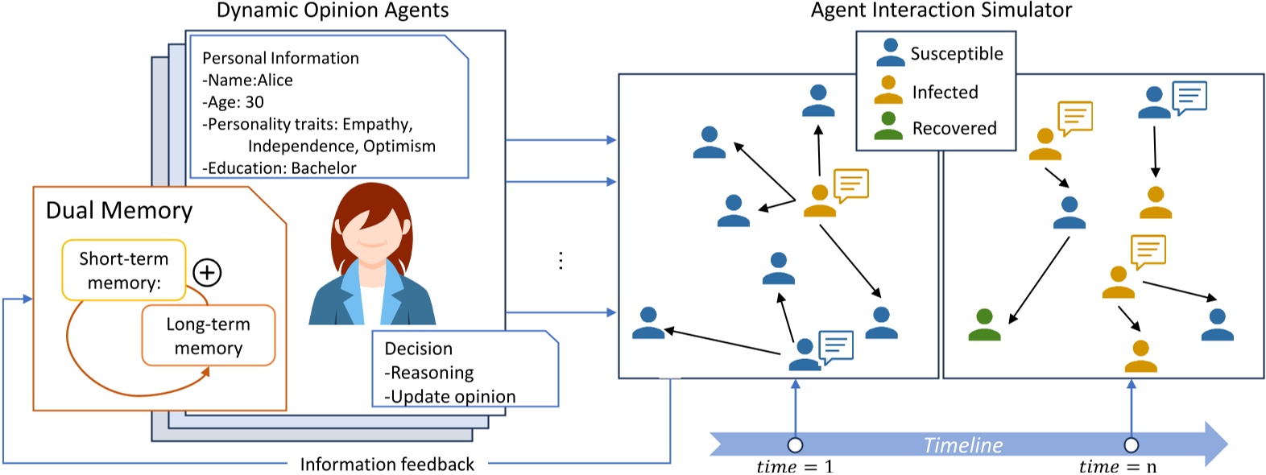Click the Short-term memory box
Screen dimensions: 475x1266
[124, 271]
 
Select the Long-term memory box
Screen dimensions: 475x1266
[209, 336]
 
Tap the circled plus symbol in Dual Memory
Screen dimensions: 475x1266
[208, 273]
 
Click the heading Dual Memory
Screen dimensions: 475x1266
[119, 211]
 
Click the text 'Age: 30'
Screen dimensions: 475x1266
[234, 102]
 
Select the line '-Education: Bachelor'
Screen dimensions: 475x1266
[279, 167]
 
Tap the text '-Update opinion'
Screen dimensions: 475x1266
[450, 396]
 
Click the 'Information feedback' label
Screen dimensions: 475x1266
[387, 465]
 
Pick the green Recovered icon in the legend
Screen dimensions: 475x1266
[888, 126]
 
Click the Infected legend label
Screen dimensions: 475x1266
[945, 93]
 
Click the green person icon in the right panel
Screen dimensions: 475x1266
[984, 325]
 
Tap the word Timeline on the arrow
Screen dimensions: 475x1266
[962, 445]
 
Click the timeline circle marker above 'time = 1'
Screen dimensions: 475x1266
[795, 445]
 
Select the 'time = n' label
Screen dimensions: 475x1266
[1118, 467]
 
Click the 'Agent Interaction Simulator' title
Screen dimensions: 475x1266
[941, 10]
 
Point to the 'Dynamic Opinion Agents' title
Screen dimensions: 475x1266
[333, 10]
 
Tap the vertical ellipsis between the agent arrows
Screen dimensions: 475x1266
[561, 260]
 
